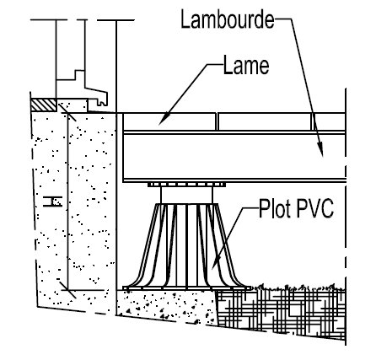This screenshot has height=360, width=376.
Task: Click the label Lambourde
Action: (228, 19)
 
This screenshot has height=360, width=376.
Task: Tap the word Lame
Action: (246, 66)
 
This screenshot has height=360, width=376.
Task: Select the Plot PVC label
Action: (296, 208)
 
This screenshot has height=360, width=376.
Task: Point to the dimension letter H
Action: (52, 201)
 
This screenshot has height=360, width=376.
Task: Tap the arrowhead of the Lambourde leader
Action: (320, 149)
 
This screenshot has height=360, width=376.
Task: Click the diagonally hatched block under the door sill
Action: (44, 105)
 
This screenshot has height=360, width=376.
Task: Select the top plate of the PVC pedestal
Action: (187, 185)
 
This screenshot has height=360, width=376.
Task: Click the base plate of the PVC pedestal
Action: (187, 288)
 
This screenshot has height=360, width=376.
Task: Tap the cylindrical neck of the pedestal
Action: (187, 196)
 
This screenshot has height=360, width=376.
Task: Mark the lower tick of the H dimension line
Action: (67, 289)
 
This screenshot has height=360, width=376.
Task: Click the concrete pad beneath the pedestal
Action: (167, 305)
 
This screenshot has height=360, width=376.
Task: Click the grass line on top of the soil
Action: (298, 287)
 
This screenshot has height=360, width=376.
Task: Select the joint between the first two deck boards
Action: (217, 121)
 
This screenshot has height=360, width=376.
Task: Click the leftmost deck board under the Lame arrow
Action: (169, 121)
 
